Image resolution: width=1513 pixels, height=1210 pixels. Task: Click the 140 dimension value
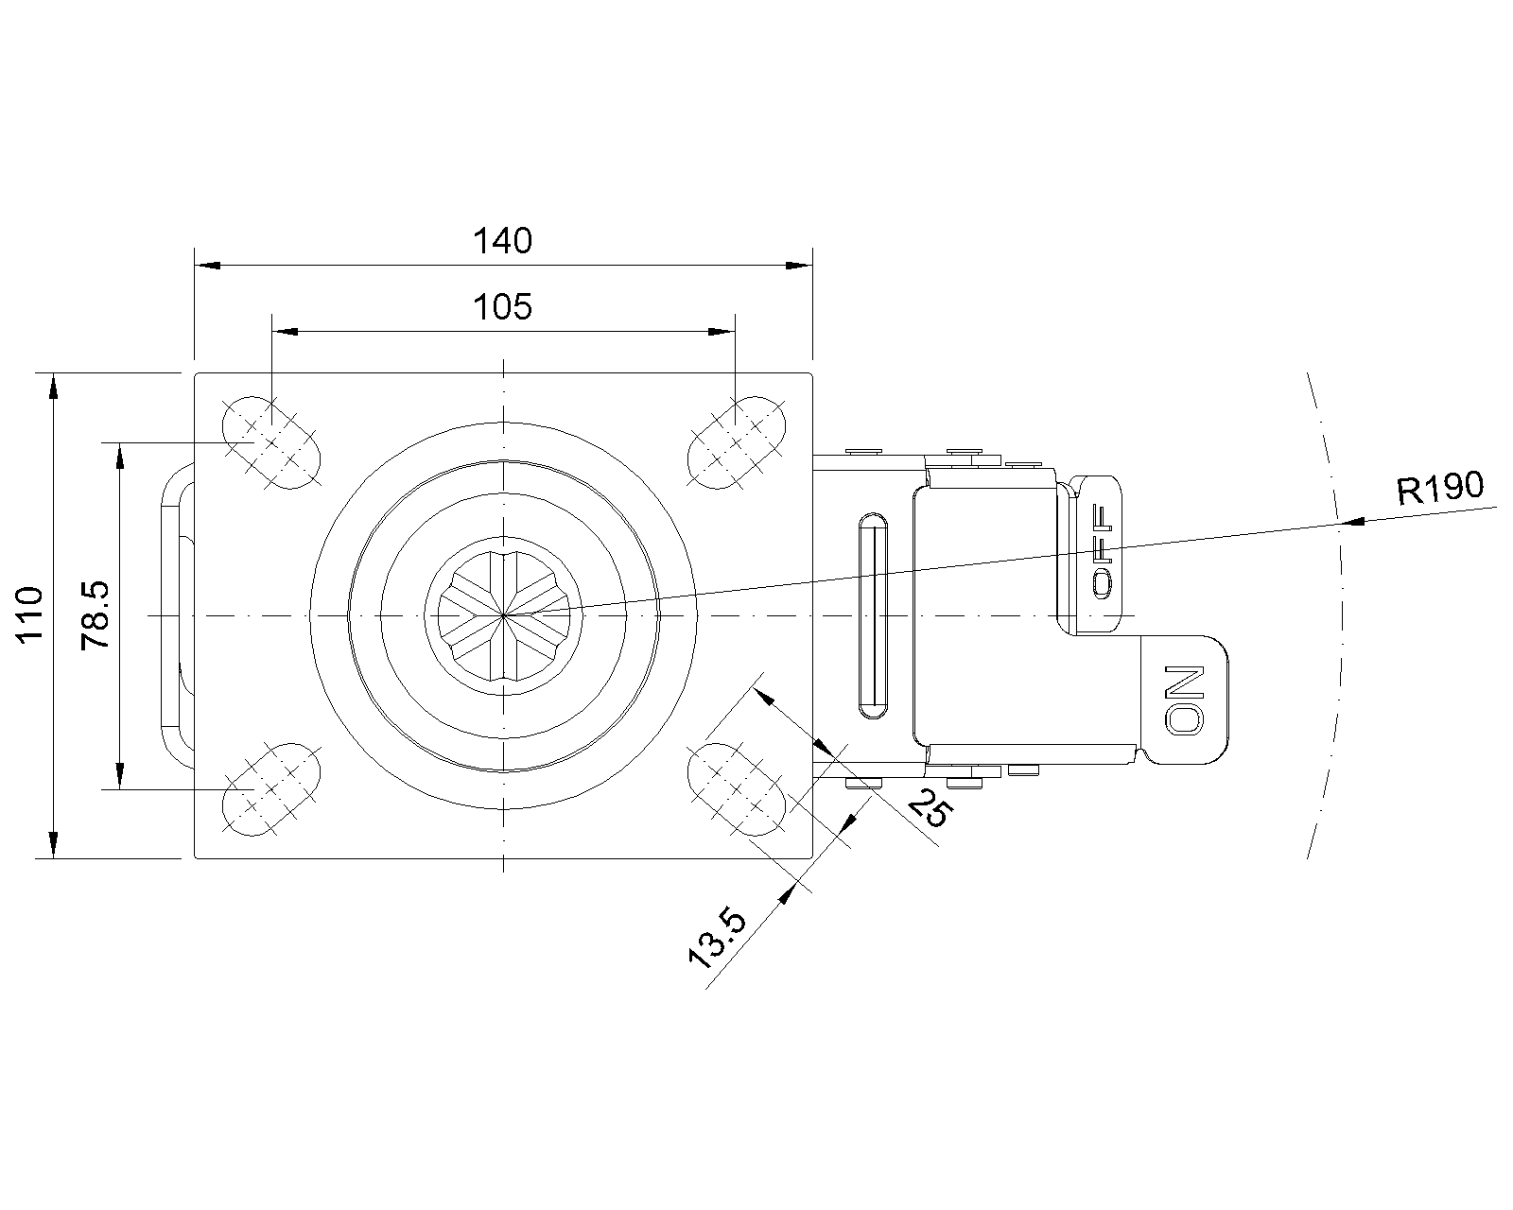click(x=502, y=242)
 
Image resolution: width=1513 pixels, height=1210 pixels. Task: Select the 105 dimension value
click(x=502, y=307)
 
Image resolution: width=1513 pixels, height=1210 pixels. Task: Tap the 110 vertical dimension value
click(x=30, y=614)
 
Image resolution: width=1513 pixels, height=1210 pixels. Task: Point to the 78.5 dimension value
click(x=97, y=614)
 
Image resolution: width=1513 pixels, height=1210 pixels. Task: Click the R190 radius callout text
click(x=1440, y=488)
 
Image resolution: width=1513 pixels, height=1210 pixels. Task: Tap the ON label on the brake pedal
click(x=1185, y=700)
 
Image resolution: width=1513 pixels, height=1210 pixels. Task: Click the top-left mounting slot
click(x=271, y=441)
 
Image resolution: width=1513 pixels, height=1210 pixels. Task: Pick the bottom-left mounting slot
click(x=271, y=788)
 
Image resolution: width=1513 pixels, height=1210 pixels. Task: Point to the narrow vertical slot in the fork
click(x=874, y=614)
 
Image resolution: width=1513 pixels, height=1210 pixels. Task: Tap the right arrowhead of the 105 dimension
click(x=723, y=332)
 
